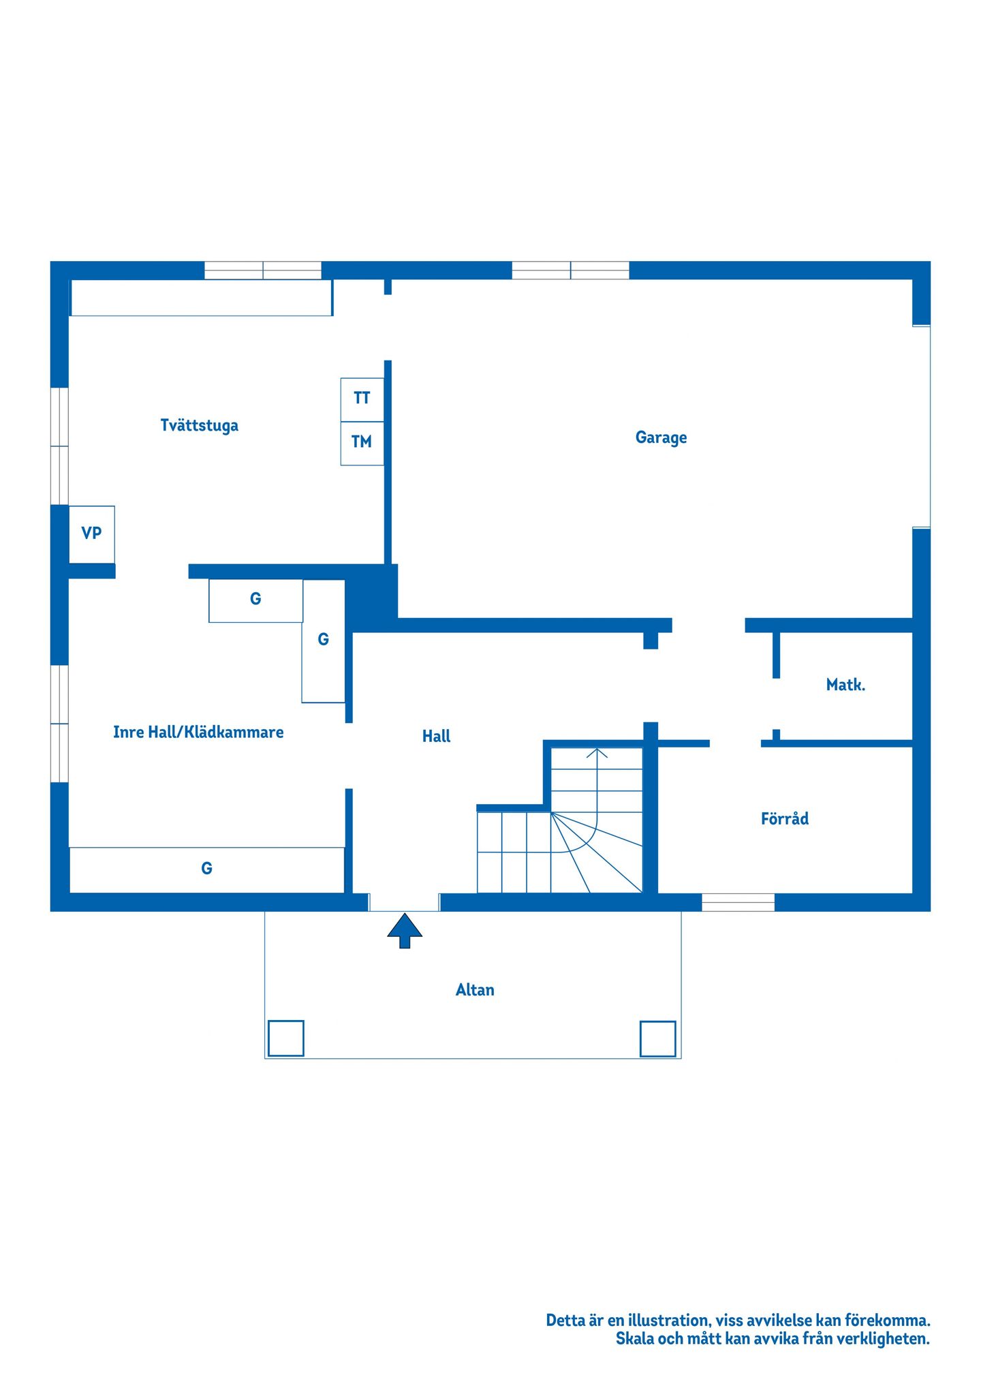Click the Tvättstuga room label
click(199, 426)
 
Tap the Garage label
click(661, 437)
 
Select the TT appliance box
click(362, 400)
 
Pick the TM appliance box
click(362, 444)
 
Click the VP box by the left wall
click(92, 534)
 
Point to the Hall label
click(436, 736)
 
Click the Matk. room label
click(845, 685)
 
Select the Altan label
click(475, 989)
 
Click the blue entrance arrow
click(405, 931)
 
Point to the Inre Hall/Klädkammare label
click(198, 732)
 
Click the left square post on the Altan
click(286, 1038)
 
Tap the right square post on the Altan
click(658, 1038)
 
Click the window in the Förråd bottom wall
click(738, 902)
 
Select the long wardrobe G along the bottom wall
click(207, 869)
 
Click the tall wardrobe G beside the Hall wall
click(324, 641)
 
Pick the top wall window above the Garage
click(570, 271)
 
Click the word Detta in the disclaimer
click(565, 1320)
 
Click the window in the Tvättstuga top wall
click(263, 271)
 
